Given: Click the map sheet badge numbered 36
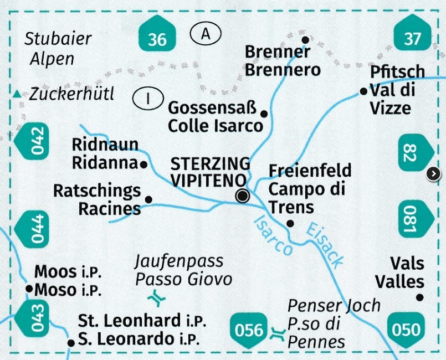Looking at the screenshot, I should click(x=157, y=38).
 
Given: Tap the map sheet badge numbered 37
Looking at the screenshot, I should click(x=413, y=38).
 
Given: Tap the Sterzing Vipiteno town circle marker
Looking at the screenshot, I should click(x=242, y=196).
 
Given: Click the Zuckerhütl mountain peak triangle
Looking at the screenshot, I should click(x=19, y=94).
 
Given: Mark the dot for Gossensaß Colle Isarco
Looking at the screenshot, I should click(x=264, y=114).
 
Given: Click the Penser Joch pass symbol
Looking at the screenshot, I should click(x=276, y=334).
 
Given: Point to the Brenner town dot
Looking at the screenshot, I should click(x=305, y=40).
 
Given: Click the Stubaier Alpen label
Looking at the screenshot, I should click(x=58, y=49).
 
